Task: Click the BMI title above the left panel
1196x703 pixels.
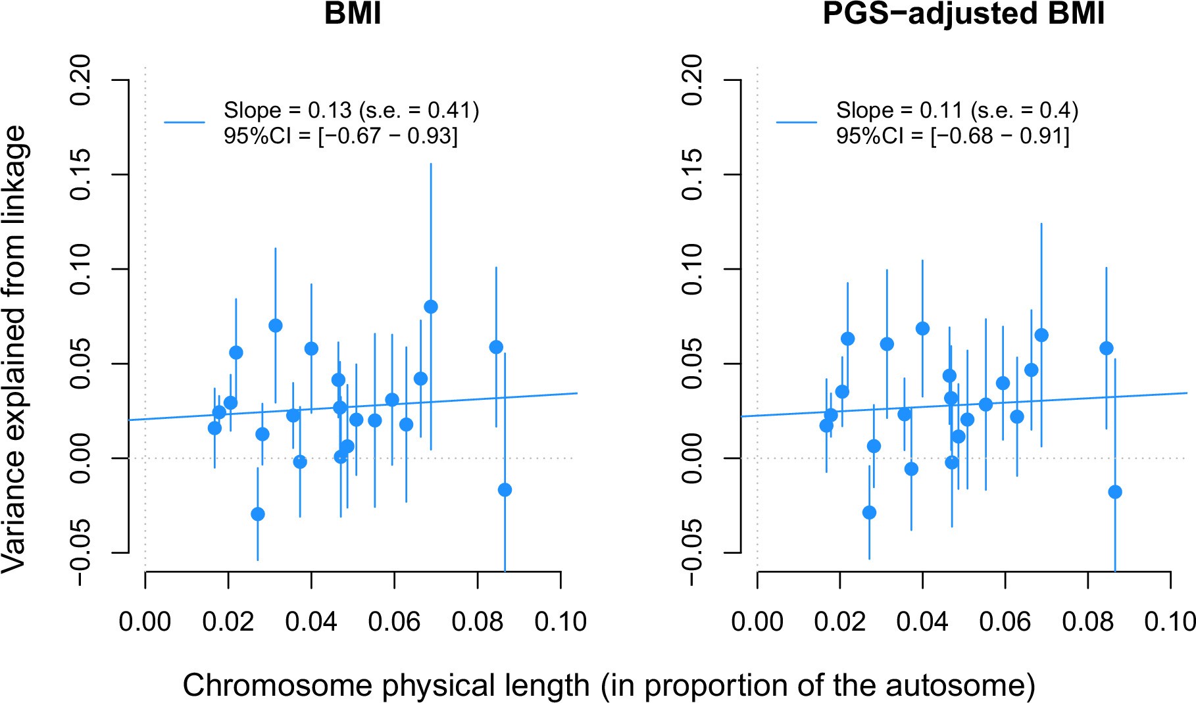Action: (353, 13)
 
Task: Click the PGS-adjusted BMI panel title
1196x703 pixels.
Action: (963, 13)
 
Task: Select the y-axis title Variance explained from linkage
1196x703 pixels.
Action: (14, 349)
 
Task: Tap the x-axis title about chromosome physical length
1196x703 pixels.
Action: (609, 685)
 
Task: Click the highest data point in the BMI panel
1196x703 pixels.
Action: (431, 306)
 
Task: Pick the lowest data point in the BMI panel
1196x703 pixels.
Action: (258, 514)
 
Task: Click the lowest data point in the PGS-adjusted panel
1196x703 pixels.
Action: (869, 512)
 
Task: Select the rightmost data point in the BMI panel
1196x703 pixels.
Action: (505, 490)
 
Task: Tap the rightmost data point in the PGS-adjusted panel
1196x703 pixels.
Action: (1115, 492)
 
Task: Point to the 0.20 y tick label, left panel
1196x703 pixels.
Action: (82, 80)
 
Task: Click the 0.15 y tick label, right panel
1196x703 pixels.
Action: (694, 174)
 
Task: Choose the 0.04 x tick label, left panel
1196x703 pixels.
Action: (311, 621)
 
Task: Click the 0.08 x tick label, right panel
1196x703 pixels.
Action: (1088, 621)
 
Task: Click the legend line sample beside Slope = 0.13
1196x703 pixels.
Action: (184, 122)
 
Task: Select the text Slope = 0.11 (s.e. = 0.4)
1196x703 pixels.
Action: (957, 110)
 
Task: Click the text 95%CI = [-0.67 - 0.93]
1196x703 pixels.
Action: (340, 136)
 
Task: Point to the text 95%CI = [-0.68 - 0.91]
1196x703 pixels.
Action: (953, 136)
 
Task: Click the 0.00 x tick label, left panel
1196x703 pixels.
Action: (145, 621)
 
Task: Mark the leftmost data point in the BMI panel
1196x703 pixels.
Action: (214, 428)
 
